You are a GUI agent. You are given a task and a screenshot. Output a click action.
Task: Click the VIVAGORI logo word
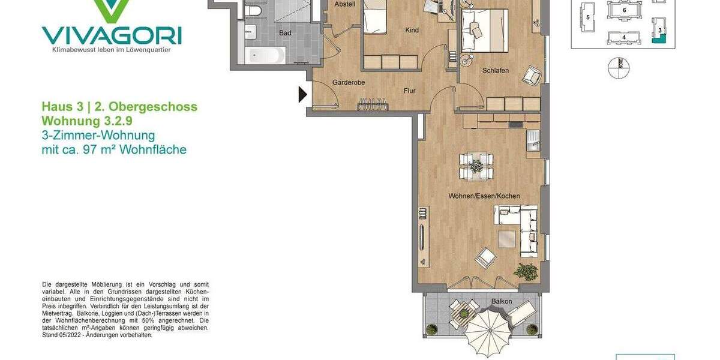(112, 35)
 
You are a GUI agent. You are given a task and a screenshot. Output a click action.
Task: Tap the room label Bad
(285, 33)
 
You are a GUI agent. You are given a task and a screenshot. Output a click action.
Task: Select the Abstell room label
(345, 4)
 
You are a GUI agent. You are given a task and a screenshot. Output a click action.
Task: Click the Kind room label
(412, 31)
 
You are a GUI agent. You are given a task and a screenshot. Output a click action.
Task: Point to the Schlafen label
(495, 71)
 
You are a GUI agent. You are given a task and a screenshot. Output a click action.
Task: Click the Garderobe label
(349, 83)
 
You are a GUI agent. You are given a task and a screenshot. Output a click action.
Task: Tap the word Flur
(409, 91)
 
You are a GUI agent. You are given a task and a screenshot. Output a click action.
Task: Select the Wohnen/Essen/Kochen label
(484, 196)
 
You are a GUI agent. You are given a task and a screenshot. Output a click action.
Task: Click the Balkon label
(502, 301)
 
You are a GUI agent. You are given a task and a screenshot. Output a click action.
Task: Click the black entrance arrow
(303, 94)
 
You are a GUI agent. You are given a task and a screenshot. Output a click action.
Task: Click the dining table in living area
(476, 166)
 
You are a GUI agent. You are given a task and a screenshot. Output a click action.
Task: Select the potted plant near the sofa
(526, 272)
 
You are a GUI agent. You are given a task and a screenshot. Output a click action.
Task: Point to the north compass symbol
(619, 68)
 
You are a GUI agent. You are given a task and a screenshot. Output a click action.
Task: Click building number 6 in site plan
(625, 10)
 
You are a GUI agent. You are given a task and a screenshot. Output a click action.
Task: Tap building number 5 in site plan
(588, 18)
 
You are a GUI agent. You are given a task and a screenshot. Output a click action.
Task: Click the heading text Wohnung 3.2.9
(87, 121)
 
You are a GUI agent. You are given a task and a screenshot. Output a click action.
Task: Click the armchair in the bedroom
(532, 75)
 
